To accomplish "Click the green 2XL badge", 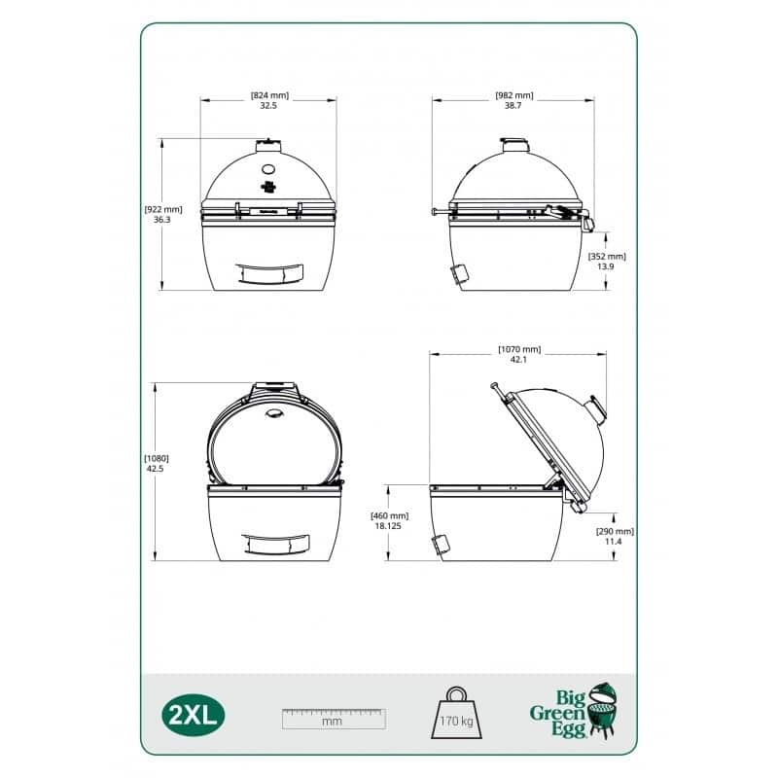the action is point(193,715).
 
